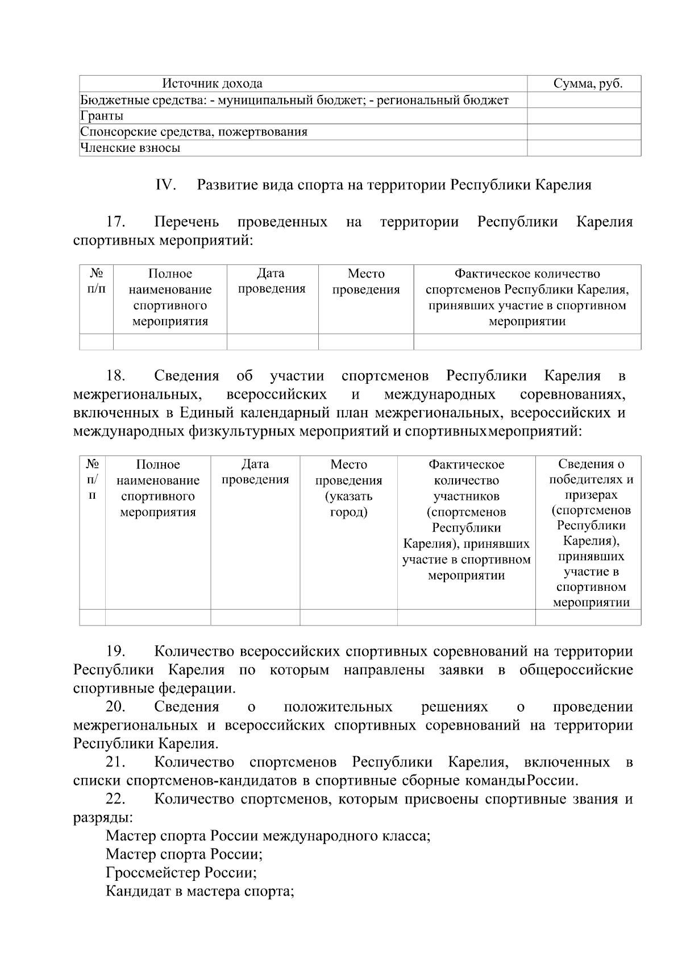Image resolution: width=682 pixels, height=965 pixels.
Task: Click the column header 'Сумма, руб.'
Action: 588,84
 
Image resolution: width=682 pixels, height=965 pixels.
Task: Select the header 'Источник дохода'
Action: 213,84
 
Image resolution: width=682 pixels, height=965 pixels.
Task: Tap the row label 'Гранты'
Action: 102,116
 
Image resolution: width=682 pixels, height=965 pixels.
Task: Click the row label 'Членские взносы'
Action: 130,148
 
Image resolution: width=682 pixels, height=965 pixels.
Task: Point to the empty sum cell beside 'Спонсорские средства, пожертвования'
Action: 584,132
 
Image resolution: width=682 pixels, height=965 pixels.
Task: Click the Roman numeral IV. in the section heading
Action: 165,185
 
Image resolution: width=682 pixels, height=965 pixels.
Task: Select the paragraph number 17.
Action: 115,222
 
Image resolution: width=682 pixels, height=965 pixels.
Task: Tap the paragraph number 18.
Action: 115,376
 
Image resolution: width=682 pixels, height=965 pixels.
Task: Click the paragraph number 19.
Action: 115,651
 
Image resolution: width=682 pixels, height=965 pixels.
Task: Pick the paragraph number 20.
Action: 115,707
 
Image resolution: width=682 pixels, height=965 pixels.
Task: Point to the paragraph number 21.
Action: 115,762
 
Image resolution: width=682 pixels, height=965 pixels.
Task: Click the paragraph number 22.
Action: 115,799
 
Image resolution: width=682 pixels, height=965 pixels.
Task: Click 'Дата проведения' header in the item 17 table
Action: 272,281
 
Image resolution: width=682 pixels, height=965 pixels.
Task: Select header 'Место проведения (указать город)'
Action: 348,488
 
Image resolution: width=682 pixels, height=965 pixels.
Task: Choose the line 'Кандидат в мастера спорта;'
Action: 199,891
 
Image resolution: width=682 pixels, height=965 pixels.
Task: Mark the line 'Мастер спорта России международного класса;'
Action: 268,836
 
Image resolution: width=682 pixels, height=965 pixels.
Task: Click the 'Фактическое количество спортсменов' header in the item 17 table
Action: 527,297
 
